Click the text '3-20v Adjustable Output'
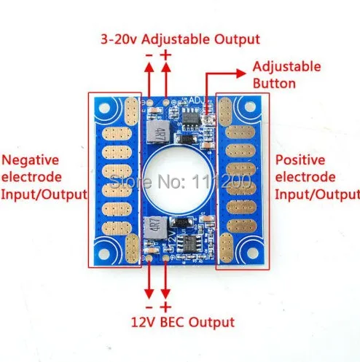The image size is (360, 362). coord(180,39)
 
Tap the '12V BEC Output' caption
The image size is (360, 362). coord(183,323)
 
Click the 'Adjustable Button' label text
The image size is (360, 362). coord(286,75)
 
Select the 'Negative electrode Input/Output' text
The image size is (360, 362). coord(44,177)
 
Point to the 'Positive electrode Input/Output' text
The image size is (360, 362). coord(317,177)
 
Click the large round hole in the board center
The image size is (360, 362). coord(179,179)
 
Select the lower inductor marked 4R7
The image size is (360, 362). coord(156,228)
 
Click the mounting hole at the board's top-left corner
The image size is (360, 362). coord(104,108)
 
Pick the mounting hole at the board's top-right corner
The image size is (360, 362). coord(250,106)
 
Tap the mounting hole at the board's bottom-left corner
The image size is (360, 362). coord(104,254)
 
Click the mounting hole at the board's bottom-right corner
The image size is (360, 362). coord(253,253)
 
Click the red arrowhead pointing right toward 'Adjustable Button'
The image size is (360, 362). coord(241,74)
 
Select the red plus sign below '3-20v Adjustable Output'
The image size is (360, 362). coord(166,55)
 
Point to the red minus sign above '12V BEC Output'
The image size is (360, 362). coord(149,307)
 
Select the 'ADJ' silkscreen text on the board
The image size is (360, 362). coord(195,100)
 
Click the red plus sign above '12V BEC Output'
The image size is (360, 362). coord(165,307)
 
